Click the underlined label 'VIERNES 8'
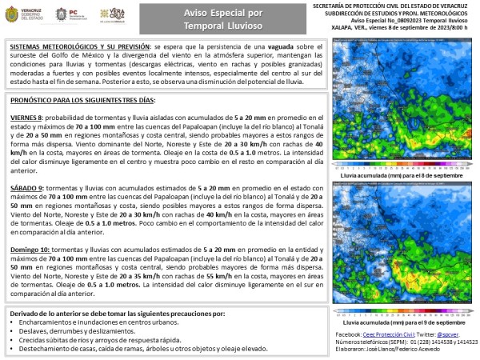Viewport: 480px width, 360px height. (28, 115)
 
